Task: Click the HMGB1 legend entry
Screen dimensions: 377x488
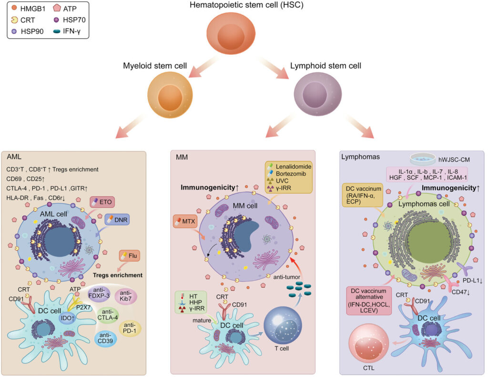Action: (x=24, y=9)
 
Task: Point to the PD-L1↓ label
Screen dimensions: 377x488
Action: (x=471, y=281)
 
